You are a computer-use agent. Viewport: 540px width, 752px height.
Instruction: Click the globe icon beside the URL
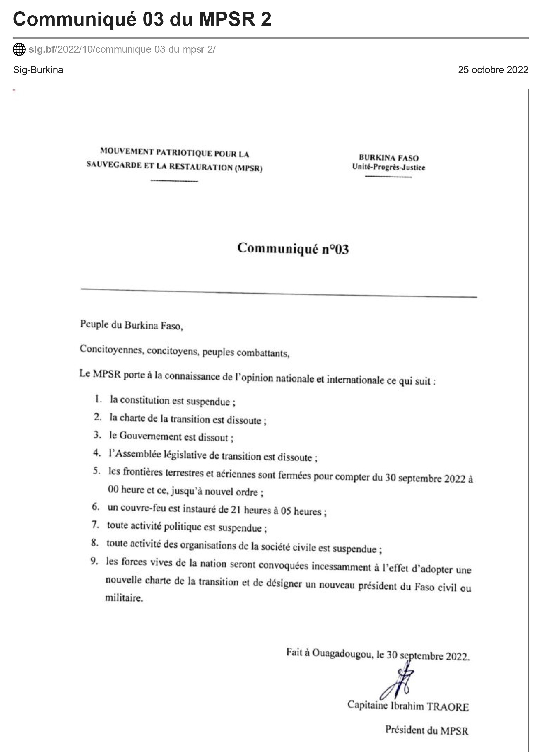pos(19,49)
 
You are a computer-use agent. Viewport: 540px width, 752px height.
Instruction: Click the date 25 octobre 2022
pos(493,70)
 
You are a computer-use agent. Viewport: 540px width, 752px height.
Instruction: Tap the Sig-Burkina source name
pos(38,70)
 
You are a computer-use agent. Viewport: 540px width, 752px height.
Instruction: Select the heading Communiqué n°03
pos(293,249)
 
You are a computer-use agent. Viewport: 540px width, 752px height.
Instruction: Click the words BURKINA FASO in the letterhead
pos(389,158)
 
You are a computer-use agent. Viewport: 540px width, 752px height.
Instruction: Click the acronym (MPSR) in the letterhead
pos(249,168)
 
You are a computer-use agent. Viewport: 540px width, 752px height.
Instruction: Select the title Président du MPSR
pos(427,730)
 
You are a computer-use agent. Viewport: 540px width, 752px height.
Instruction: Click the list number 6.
pos(96,506)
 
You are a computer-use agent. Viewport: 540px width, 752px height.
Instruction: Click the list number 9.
pos(94,561)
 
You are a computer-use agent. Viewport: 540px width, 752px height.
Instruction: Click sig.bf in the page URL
pos(41,49)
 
